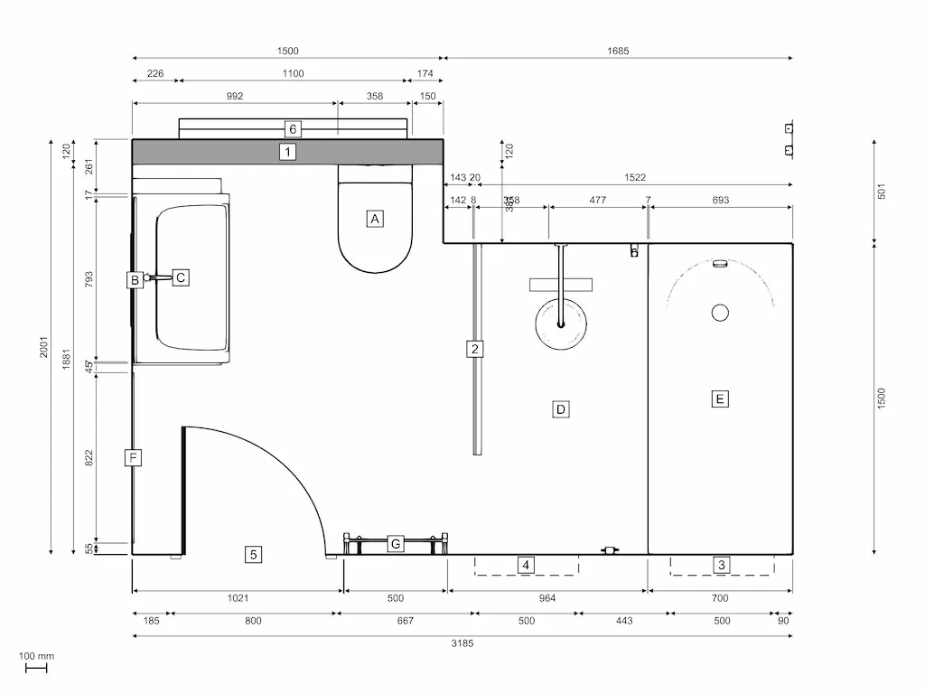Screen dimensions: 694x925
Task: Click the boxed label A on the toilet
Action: [x=375, y=218]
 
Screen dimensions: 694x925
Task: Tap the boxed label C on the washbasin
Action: [x=181, y=277]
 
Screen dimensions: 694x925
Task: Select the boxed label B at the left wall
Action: [x=134, y=280]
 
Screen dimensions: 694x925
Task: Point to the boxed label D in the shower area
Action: [x=560, y=409]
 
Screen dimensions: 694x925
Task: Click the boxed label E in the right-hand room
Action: [x=719, y=399]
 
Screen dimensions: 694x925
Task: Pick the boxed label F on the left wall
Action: [x=133, y=458]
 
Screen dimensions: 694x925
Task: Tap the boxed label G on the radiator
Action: [x=395, y=544]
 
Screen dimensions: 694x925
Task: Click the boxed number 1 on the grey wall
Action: [x=287, y=152]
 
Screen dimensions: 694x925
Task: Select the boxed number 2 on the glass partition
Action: [x=474, y=349]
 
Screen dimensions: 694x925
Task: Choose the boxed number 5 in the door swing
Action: [x=255, y=555]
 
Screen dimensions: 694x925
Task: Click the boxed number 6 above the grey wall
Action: [x=292, y=128]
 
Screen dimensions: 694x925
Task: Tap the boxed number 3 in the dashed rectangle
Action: [x=721, y=566]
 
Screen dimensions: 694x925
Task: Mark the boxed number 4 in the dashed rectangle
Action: [x=526, y=566]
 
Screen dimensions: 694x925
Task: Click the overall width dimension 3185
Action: [x=462, y=643]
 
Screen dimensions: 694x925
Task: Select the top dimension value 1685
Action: [x=618, y=52]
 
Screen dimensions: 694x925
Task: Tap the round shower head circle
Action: [x=560, y=324]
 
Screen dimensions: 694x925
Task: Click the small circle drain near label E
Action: [x=720, y=313]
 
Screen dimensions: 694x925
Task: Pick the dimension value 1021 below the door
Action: [x=238, y=598]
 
